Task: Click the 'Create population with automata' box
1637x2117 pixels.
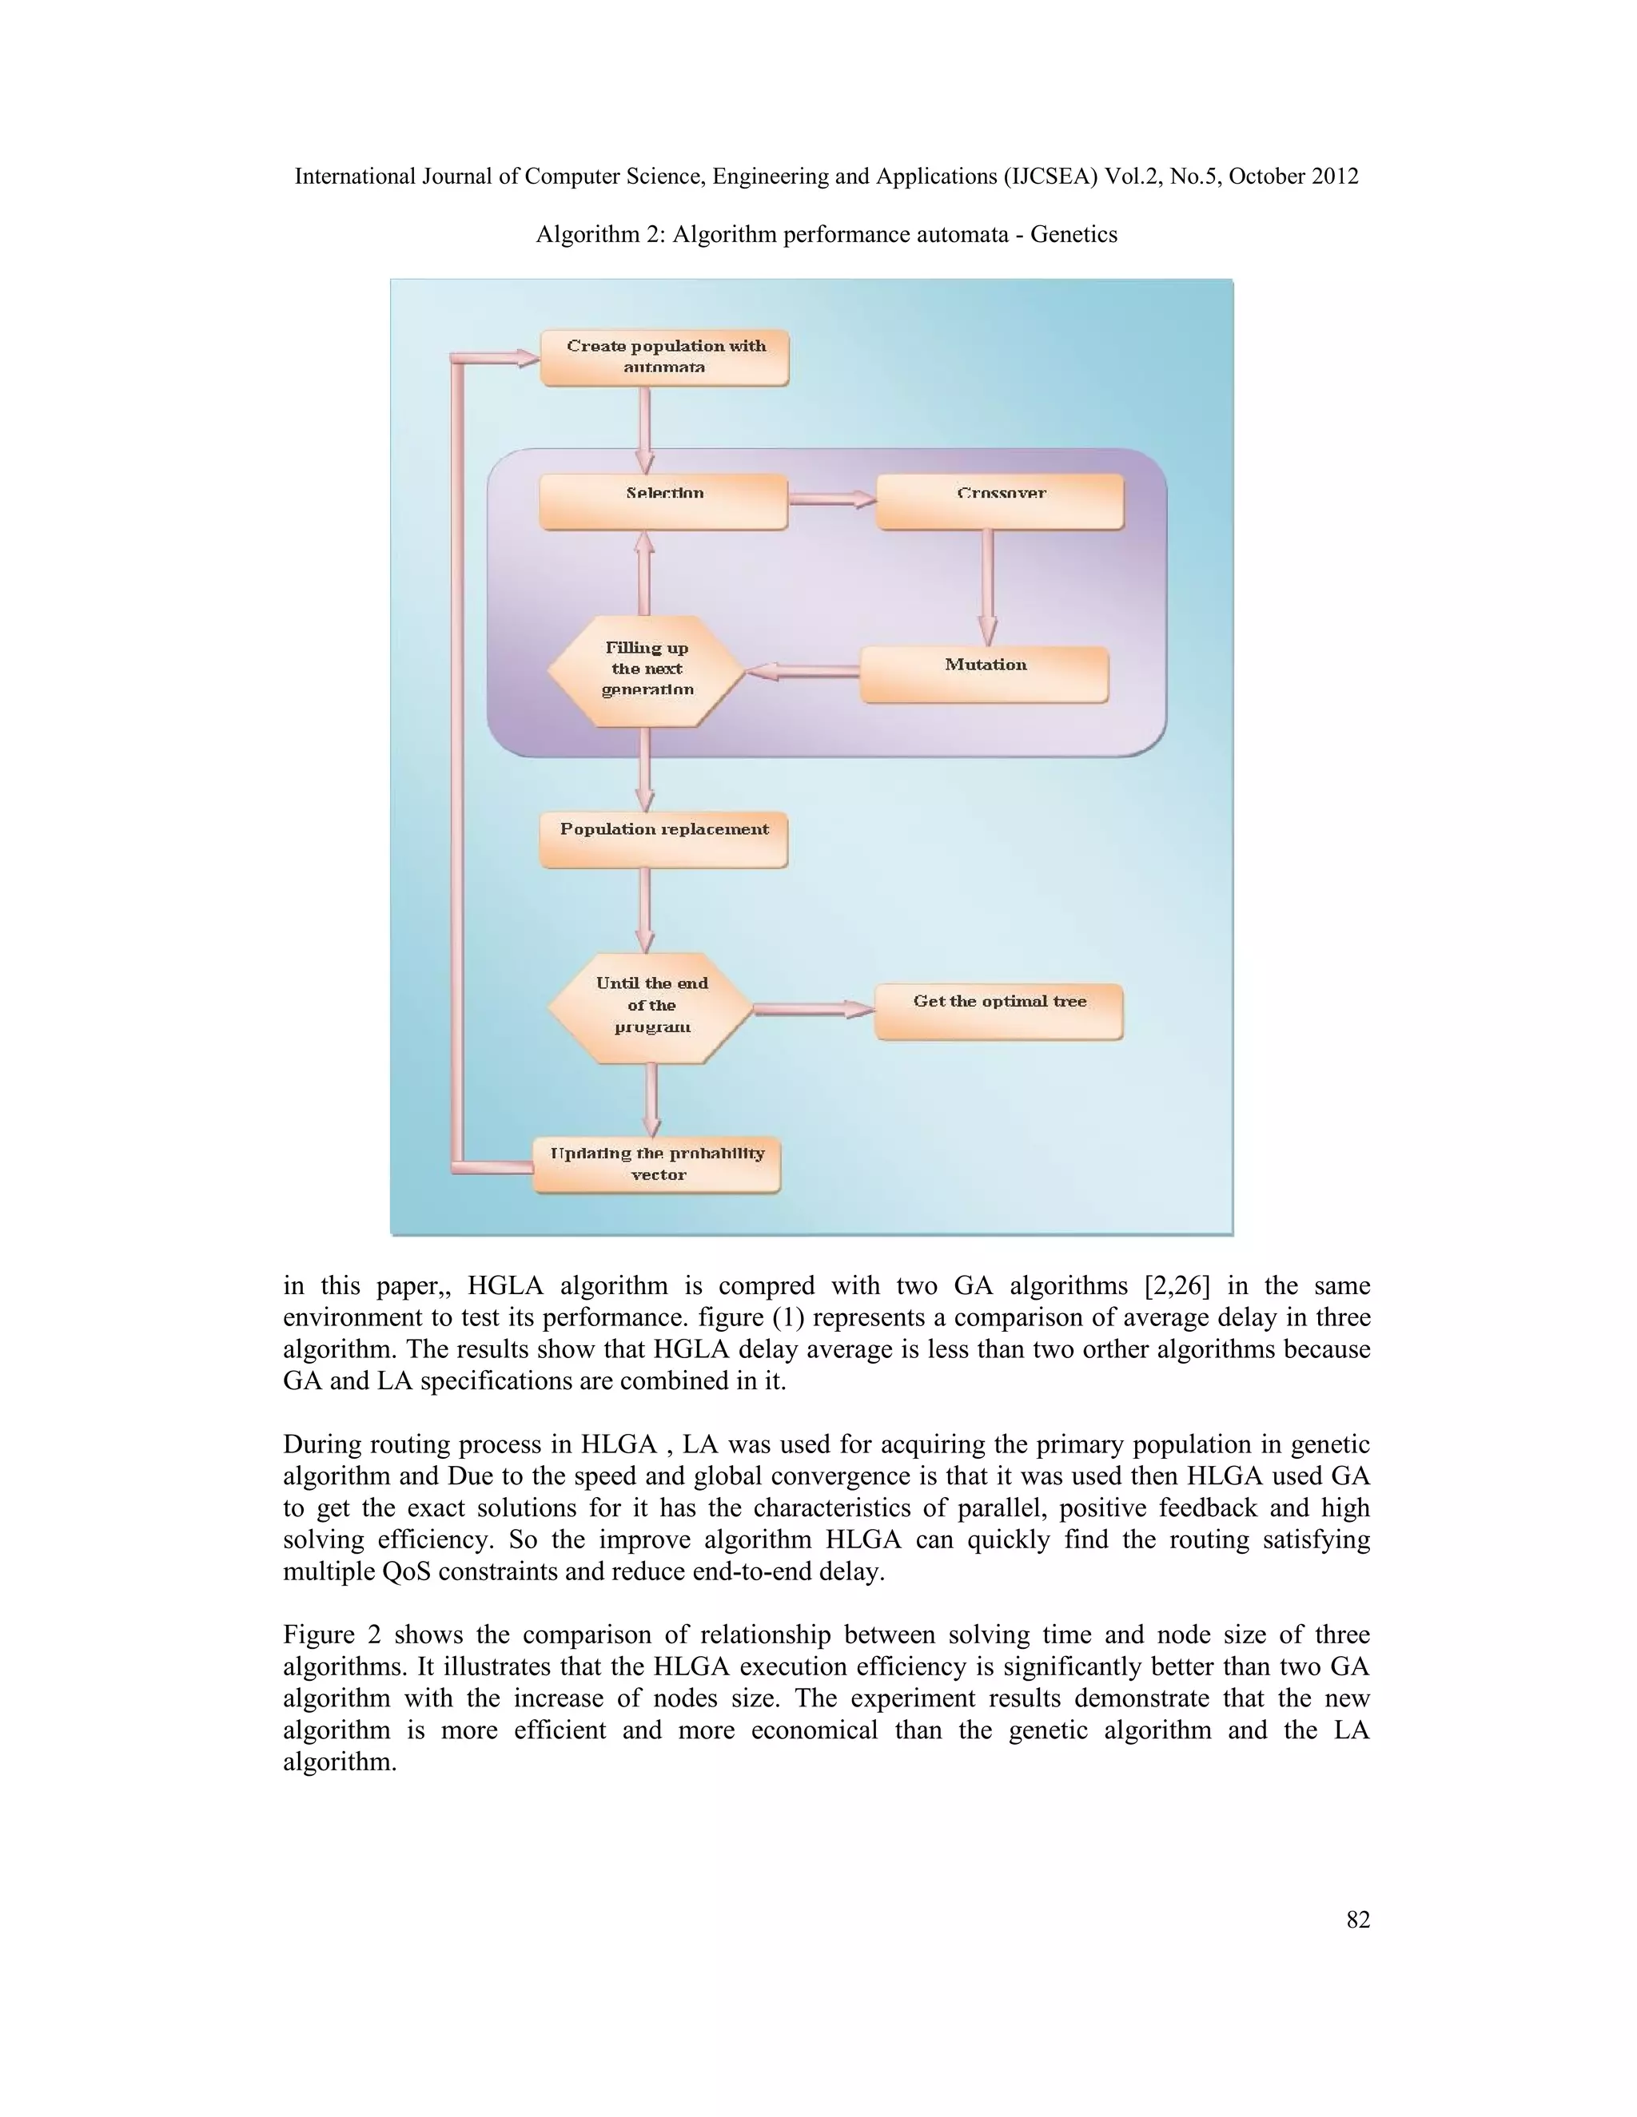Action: click(x=664, y=358)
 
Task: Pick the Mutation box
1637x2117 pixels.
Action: click(x=984, y=673)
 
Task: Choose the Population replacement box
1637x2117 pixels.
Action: click(x=664, y=840)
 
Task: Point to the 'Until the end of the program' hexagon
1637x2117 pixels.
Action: click(x=651, y=1007)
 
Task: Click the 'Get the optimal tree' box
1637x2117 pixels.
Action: click(x=999, y=1011)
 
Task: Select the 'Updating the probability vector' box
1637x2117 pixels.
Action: click(x=658, y=1164)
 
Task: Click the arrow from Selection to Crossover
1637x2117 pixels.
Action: click(x=831, y=499)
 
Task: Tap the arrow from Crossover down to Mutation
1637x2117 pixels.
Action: click(x=987, y=586)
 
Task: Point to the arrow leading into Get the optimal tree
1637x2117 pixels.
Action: click(x=814, y=1009)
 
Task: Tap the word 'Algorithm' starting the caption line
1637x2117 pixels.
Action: click(x=580, y=235)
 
